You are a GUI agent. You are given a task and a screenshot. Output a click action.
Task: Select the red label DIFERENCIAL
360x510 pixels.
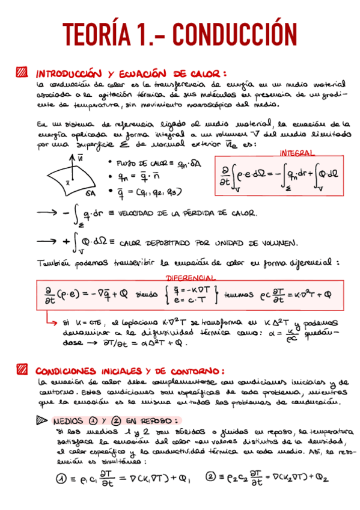click(191, 277)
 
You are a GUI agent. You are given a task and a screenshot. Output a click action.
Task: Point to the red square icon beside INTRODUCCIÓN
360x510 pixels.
click(22, 73)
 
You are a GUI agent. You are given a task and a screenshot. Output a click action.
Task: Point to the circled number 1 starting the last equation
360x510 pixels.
click(61, 479)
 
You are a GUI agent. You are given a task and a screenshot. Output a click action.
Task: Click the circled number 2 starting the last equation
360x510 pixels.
click(211, 479)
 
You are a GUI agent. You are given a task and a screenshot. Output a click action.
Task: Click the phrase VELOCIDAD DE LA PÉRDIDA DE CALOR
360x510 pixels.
click(188, 213)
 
